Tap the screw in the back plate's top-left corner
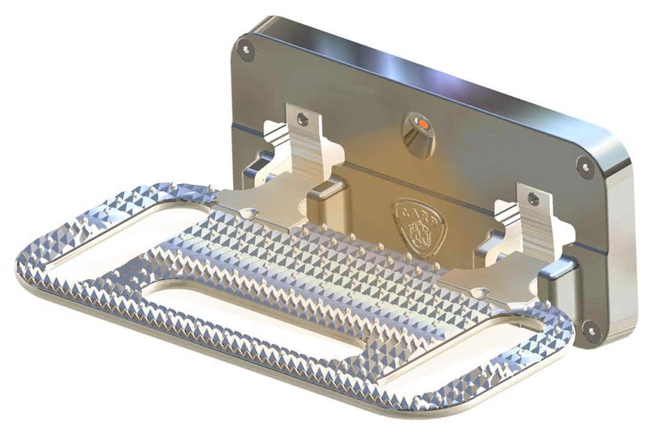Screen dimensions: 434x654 pos(244,48)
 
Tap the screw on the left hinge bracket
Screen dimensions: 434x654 pos(303,119)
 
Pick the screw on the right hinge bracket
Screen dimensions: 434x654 pos(533,198)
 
